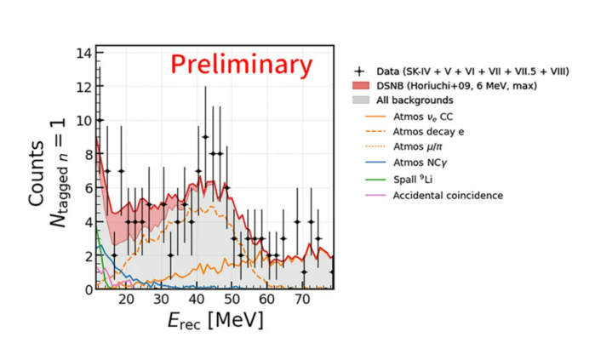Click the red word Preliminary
pos(242,65)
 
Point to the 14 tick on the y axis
pos(84,53)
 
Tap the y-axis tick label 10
pos(84,121)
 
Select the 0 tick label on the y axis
pos(89,290)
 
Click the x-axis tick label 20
pos(126,300)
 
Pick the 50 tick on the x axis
pos(232,300)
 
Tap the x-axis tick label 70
pos(302,300)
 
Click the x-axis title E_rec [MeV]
pos(215,321)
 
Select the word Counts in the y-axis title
pos(37,174)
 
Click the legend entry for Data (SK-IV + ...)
pos(472,71)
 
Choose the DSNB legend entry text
pos(456,86)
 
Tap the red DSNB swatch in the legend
pos(361,86)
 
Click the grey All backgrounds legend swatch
pos(361,100)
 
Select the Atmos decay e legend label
pos(428,132)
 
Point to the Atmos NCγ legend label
pos(420,163)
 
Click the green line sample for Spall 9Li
pos(375,180)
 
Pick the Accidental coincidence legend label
pos(448,196)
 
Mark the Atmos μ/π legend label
pos(417,146)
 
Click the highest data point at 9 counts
pos(205,137)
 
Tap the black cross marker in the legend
pos(359,71)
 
